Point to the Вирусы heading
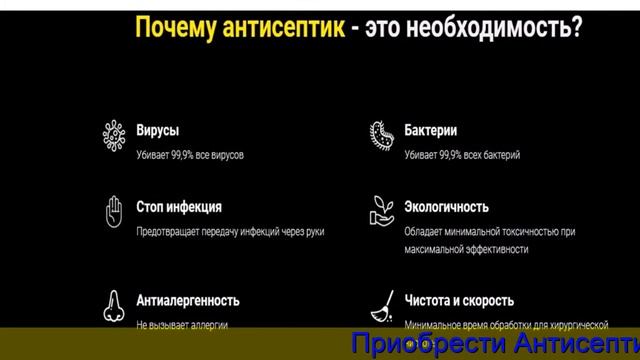click(x=158, y=130)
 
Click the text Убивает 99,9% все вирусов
click(x=190, y=155)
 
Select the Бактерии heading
click(x=432, y=130)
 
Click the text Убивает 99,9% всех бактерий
click(x=462, y=155)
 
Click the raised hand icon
click(x=113, y=211)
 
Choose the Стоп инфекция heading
click(x=179, y=207)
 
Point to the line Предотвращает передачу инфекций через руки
click(x=230, y=232)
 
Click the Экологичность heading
click(x=447, y=207)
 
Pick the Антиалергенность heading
click(x=188, y=300)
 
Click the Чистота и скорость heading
click(x=460, y=300)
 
